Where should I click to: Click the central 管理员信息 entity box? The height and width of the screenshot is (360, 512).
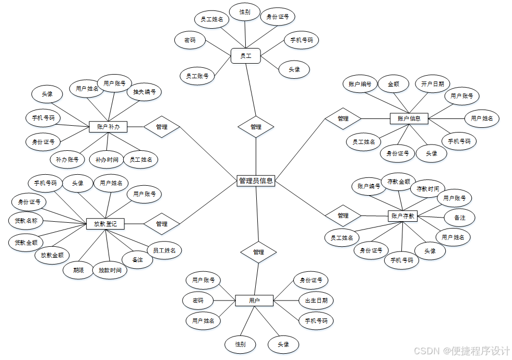click(256, 181)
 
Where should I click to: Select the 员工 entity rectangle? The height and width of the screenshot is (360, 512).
click(245, 55)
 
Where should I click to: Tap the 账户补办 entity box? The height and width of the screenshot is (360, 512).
click(109, 126)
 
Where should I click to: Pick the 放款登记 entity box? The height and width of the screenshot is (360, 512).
click(105, 224)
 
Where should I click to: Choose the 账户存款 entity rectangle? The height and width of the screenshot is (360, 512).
click(403, 215)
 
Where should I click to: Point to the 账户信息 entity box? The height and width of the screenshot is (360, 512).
click(409, 118)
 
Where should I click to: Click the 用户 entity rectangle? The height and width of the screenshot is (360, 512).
click(254, 301)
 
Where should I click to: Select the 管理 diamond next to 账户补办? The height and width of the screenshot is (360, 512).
click(162, 126)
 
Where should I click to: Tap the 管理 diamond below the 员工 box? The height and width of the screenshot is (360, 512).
click(256, 126)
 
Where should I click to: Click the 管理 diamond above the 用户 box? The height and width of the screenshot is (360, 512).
click(258, 252)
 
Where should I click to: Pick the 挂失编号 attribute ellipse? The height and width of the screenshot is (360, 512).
click(145, 92)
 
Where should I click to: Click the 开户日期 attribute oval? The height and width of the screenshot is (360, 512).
click(433, 83)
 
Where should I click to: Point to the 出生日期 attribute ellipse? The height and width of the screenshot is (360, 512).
click(316, 301)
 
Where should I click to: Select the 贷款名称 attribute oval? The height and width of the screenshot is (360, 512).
click(26, 221)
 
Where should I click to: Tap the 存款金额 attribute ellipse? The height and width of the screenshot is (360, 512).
click(399, 182)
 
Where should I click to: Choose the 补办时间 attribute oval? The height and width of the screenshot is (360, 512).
click(106, 160)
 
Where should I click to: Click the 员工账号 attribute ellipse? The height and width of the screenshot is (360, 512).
click(197, 76)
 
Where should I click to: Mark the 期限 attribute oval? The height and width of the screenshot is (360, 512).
click(79, 270)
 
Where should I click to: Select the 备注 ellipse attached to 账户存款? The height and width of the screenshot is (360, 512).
click(459, 217)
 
